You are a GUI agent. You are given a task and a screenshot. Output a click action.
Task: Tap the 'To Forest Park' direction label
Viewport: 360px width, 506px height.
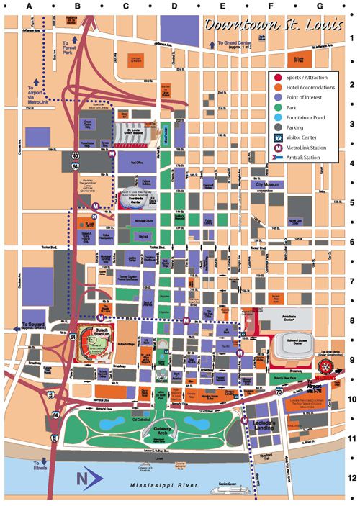[x=69, y=48]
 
